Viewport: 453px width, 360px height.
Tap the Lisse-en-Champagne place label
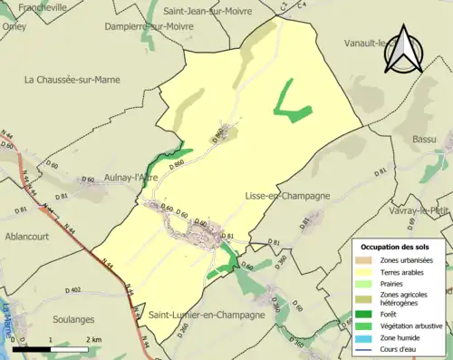pyautogui.click(x=286, y=196)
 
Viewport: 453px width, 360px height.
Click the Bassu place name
pyautogui.click(x=424, y=140)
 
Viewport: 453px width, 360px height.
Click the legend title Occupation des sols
pyautogui.click(x=396, y=247)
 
